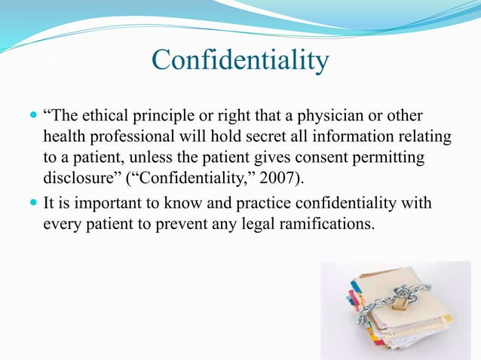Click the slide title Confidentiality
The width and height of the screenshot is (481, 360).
click(240, 60)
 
